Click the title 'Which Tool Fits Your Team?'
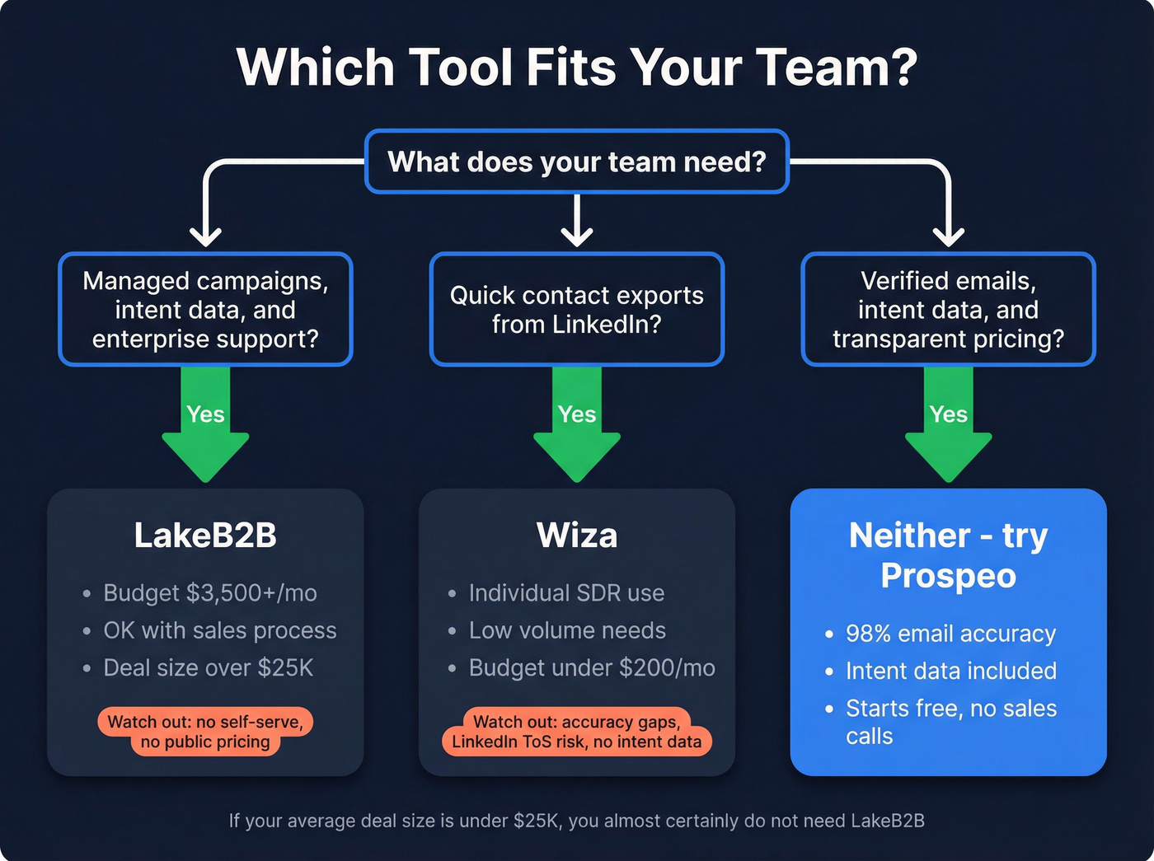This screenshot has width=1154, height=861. [577, 67]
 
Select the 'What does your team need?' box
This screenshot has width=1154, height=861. [577, 161]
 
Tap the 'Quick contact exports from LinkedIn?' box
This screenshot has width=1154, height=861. [577, 309]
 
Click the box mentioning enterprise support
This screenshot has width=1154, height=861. [205, 309]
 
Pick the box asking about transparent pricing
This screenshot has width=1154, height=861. [948, 309]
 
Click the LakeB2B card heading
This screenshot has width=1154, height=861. [205, 536]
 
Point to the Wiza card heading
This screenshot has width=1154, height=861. [577, 536]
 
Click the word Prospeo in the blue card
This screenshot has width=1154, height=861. [948, 575]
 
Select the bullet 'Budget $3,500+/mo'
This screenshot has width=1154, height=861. [209, 593]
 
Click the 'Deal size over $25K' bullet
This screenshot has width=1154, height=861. [208, 667]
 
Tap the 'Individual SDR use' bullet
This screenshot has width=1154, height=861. [565, 593]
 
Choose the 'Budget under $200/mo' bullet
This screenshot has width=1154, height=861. [591, 667]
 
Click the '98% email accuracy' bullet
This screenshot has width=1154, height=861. [950, 634]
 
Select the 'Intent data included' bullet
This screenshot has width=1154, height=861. [950, 671]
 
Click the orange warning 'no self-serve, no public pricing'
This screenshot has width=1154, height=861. [205, 732]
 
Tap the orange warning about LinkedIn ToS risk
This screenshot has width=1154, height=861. [577, 732]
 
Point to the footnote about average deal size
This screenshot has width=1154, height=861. [577, 821]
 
